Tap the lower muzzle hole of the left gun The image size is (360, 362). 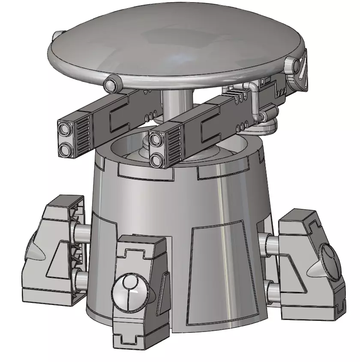(66, 150)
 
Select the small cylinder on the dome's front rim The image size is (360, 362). (112, 83)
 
